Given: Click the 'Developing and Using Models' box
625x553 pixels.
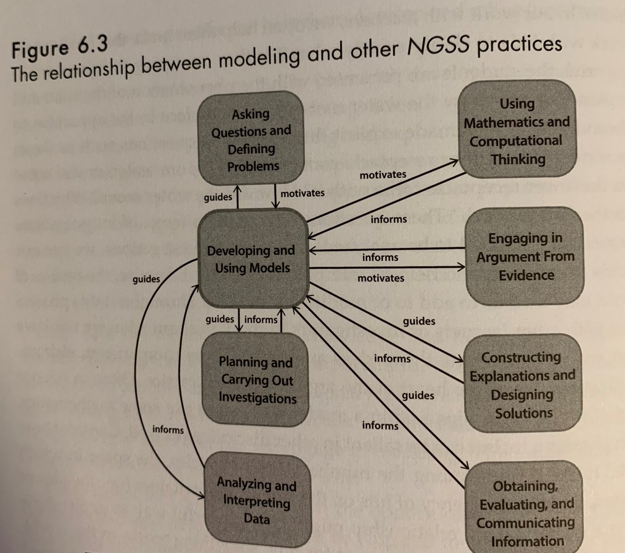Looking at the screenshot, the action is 254,259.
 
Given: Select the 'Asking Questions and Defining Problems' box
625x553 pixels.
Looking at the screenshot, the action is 251,138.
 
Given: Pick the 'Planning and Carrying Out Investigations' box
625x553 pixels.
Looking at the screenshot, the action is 255,379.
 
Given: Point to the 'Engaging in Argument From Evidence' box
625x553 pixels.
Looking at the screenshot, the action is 524,256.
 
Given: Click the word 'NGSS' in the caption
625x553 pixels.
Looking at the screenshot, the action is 438,46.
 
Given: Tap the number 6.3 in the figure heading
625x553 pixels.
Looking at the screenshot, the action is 93,45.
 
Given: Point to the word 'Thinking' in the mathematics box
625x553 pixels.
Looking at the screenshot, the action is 518,159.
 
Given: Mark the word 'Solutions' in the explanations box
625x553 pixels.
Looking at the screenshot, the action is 524,413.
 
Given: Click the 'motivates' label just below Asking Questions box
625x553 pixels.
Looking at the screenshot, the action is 302,193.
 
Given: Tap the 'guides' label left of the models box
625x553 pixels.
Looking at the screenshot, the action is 146,279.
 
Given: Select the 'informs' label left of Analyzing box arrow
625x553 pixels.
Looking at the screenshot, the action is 168,429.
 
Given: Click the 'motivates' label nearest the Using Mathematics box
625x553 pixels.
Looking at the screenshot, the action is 383,175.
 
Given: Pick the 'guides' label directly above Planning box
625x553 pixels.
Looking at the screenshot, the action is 220,319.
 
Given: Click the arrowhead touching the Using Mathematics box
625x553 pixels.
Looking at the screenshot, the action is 454,162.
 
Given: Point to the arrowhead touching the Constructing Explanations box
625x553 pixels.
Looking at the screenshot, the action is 459,359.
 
